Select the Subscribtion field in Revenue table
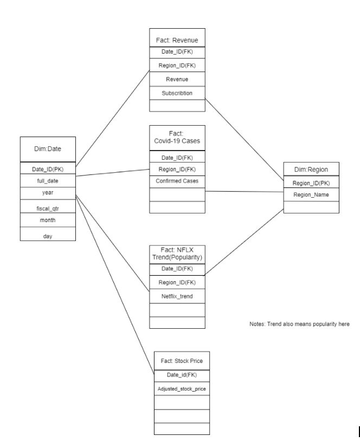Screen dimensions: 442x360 pos(177,93)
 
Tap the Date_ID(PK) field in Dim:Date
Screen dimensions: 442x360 pos(47,169)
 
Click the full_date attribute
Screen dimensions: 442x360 pos(47,180)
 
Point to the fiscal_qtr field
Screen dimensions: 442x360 pos(47,206)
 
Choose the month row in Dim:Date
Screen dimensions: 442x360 pos(47,220)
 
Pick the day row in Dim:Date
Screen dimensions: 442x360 pos(47,236)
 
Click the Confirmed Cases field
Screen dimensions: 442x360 pos(177,180)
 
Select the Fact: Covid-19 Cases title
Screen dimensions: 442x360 pos(177,138)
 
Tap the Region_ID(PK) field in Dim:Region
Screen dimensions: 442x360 pos(311,183)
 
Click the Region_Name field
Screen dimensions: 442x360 pos(311,194)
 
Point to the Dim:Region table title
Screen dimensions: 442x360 pos(311,169)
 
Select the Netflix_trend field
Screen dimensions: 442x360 pos(177,296)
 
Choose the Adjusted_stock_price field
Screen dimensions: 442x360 pos(181,389)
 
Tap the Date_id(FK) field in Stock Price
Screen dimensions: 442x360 pos(181,375)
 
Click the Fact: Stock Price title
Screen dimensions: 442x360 pos(181,361)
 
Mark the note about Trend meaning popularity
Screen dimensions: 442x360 pos(298,324)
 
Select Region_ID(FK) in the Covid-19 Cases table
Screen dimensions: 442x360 pos(177,168)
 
